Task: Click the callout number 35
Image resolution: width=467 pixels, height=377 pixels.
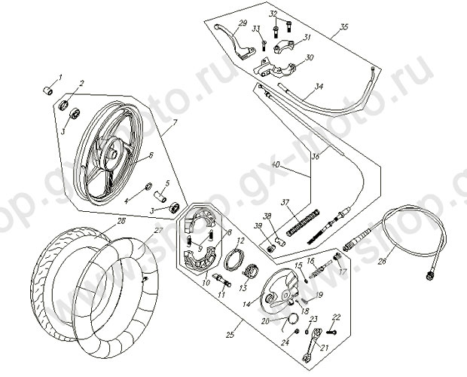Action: point(345,27)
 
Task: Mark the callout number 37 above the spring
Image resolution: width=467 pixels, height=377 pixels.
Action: point(285,202)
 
